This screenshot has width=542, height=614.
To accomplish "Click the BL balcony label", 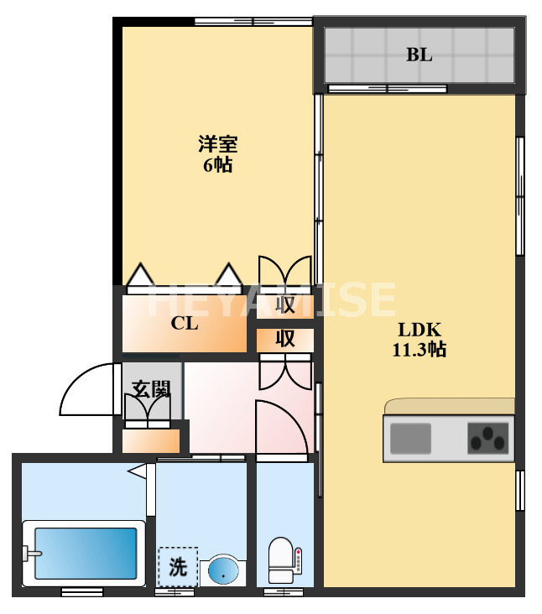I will coord(419,55).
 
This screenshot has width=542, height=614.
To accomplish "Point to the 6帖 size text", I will coord(217,164).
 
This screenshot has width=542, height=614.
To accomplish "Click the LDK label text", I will coord(419,329).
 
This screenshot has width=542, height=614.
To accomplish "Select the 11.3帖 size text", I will coord(419,350).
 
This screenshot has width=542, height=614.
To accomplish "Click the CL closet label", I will coord(185,323).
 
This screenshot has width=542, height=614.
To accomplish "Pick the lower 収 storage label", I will coord(285,339).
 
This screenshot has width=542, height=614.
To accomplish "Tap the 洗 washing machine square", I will coord(178,567).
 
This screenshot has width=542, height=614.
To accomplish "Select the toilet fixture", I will coord(280,560).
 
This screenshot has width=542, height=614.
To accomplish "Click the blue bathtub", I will coord(84,554).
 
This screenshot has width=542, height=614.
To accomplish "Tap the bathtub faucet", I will coord(32,553).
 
